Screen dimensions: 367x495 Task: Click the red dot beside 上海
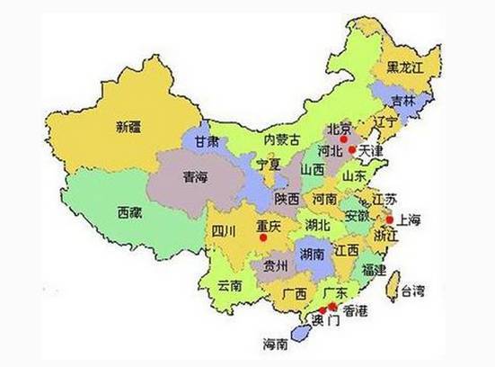click(x=390, y=219)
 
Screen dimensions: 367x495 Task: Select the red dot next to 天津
click(x=353, y=149)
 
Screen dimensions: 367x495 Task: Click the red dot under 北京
click(x=340, y=139)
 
